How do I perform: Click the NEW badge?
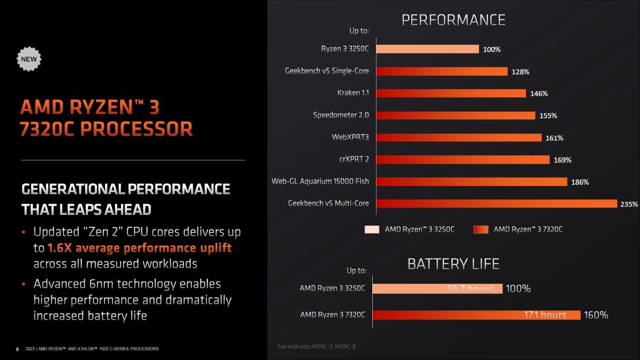coord(29,59)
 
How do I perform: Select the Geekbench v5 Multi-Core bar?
coord(497,203)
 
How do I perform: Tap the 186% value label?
coord(580,182)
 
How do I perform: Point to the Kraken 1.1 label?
coord(353,93)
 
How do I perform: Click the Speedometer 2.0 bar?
coord(456,115)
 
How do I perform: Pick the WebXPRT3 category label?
coord(350,137)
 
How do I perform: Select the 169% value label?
coord(562,159)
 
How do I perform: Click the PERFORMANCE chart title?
coord(453,20)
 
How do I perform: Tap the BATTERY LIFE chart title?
coord(453,263)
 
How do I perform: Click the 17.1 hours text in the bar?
coord(545,315)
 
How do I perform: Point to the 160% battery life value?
coord(596,315)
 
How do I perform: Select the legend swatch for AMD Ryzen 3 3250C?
coord(372,229)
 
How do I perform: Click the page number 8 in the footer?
coord(17,349)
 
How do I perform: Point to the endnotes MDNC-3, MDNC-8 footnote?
coord(316,347)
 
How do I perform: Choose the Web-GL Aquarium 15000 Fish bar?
coord(472,181)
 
